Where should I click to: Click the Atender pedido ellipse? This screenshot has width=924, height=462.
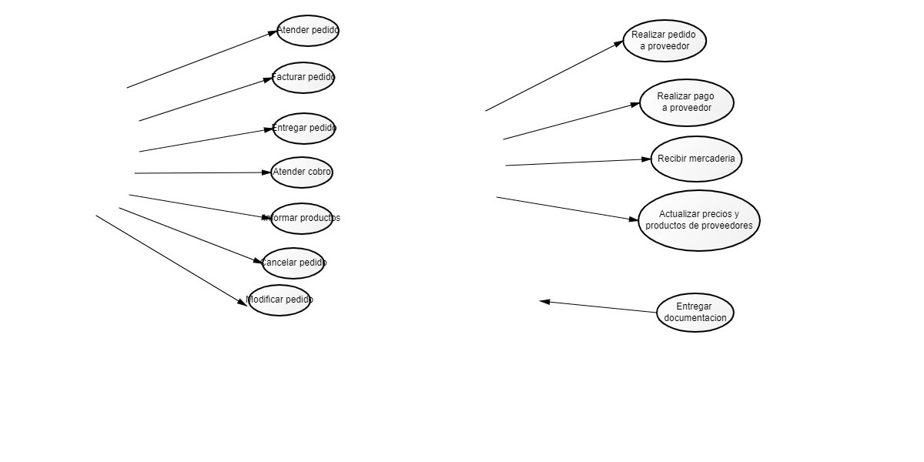pos(308,31)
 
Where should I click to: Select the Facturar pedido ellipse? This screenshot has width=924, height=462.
pos(303,78)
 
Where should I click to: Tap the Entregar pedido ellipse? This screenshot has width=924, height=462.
pos(304,129)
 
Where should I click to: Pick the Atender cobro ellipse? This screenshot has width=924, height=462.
pos(302,172)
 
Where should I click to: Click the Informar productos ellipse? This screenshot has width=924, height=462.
pos(302,219)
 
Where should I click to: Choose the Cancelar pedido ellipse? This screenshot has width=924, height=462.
pos(293,263)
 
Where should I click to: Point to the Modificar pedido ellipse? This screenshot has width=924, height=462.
pos(280,300)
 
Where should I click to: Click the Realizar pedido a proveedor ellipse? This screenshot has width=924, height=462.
pos(665,41)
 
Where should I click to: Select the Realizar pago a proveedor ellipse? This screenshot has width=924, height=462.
pos(687,102)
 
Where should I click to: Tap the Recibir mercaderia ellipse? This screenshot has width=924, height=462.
pos(696,159)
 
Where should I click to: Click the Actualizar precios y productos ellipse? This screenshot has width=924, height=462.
pos(699,220)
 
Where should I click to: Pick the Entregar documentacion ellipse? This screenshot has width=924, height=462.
pos(695,313)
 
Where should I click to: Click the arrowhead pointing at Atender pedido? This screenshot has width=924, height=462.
pos(272,32)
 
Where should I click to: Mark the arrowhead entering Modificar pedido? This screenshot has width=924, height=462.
pos(243,303)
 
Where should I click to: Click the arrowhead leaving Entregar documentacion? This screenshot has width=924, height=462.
pos(545,302)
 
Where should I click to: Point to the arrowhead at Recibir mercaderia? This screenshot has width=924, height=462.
pos(646,159)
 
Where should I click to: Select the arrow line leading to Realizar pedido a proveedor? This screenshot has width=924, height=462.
pos(554,75)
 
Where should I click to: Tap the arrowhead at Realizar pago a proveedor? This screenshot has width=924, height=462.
pos(635,104)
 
